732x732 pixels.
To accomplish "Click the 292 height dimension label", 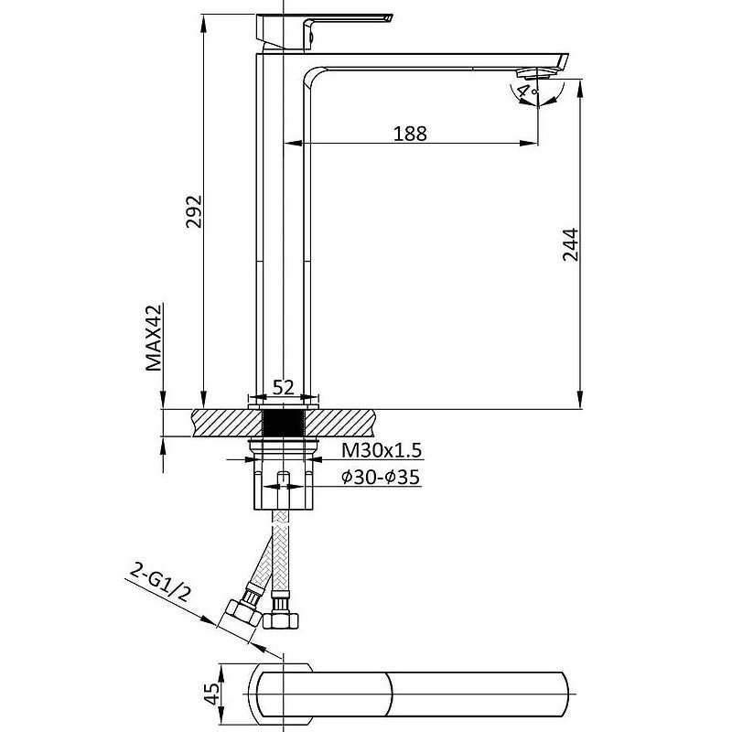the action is (193, 211).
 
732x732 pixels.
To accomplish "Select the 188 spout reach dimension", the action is (410, 134).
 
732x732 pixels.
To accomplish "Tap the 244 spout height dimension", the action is (570, 244).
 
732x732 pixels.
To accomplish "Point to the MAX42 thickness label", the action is (153, 338).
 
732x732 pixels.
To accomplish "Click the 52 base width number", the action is (284, 387).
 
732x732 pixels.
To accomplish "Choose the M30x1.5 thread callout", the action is (382, 450).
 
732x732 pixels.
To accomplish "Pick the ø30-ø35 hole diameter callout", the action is (381, 477).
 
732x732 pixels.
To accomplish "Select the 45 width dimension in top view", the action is (212, 694).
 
